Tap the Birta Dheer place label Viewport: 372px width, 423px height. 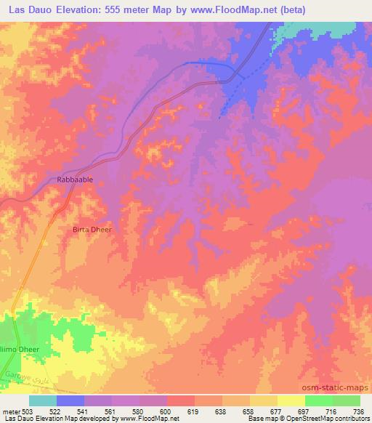pyautogui.click(x=91, y=230)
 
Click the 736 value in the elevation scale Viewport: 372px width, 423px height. pyautogui.click(x=357, y=411)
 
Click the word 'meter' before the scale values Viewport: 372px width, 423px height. pyautogui.click(x=12, y=411)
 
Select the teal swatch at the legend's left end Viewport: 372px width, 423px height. pyautogui.click(x=43, y=400)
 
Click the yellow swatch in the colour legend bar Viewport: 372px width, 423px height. pyautogui.click(x=291, y=400)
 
